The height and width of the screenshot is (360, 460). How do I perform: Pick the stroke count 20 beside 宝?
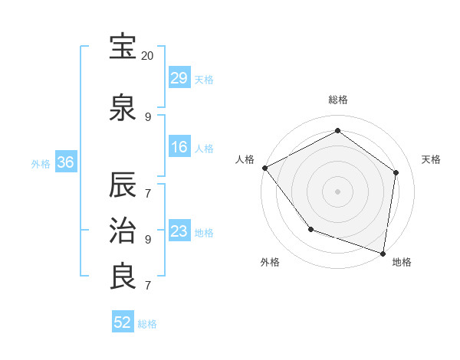coord(148,56)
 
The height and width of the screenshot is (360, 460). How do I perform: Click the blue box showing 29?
coord(179,79)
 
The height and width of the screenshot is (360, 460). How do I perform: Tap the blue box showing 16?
coord(179,148)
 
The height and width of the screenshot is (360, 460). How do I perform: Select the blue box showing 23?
coord(179,232)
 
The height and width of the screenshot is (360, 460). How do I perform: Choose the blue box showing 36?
coord(65,162)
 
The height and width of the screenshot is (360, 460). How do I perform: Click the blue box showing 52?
coord(123,323)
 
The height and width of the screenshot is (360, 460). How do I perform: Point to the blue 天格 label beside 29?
coord(204,80)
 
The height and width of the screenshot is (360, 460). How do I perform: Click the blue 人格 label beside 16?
coord(204,149)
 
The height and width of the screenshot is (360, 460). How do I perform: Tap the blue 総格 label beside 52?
coord(147,324)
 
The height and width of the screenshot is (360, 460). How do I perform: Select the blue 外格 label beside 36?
coord(41,163)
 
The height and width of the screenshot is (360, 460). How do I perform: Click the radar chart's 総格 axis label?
coord(337,100)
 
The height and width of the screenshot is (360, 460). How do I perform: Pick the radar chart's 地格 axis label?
coord(402,262)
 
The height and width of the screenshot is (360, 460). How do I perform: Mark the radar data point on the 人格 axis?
coord(264,168)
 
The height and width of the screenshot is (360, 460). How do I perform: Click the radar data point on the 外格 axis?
coord(310,229)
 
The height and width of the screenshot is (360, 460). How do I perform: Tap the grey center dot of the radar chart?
coord(337,191)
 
